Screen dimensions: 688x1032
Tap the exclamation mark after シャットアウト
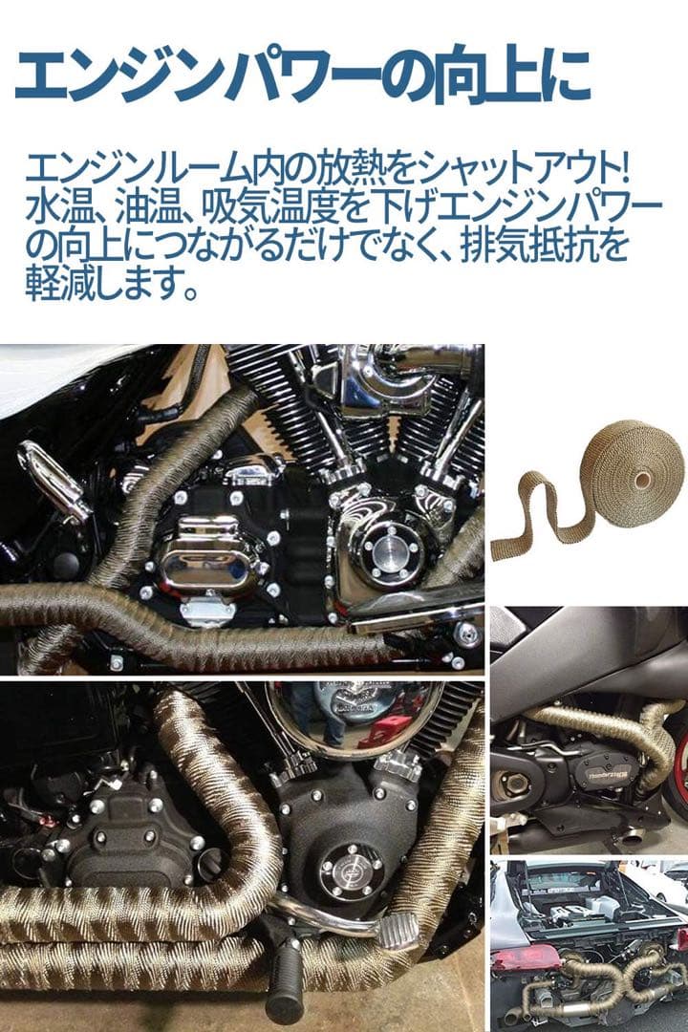point(623,171)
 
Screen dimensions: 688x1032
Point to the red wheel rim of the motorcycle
point(679,770)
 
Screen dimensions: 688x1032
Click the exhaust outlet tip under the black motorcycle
point(632,836)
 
